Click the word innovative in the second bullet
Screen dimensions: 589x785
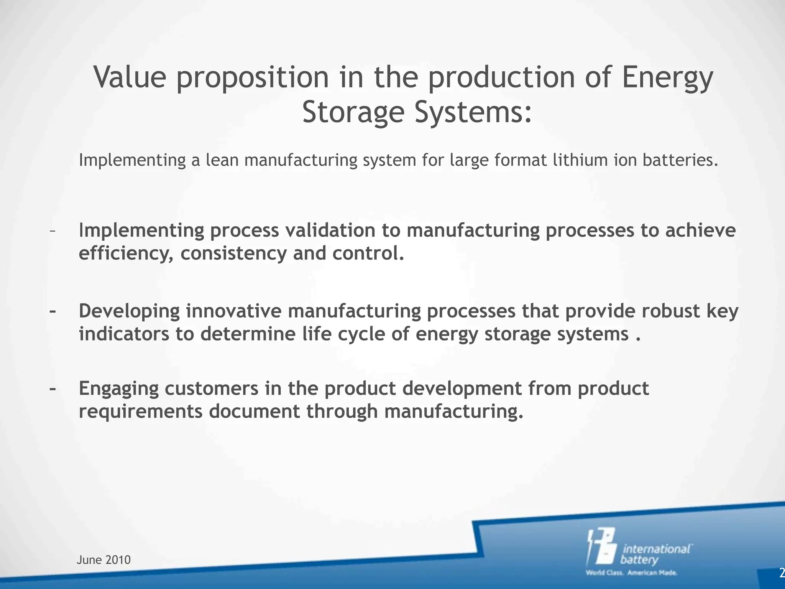[x=234, y=311]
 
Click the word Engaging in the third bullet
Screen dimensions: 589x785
[x=118, y=388]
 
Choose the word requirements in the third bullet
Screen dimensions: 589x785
[x=140, y=411]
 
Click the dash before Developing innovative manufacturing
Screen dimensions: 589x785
[x=53, y=311]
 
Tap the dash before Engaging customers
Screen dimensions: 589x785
[x=53, y=388]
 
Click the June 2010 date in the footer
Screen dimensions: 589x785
[x=103, y=560]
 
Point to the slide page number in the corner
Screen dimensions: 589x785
[x=782, y=573]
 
